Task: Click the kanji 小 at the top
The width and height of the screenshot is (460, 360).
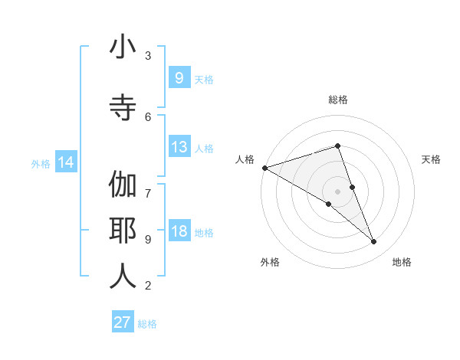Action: pyautogui.click(x=123, y=49)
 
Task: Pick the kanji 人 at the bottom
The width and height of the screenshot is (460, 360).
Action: pyautogui.click(x=123, y=277)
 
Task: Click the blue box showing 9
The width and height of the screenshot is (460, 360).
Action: pyautogui.click(x=179, y=77)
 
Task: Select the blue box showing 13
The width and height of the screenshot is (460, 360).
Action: pyautogui.click(x=179, y=147)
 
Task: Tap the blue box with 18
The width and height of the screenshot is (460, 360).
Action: pyautogui.click(x=179, y=231)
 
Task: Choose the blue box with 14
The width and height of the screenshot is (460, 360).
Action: pyautogui.click(x=66, y=162)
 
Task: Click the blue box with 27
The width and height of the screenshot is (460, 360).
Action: pyautogui.click(x=123, y=322)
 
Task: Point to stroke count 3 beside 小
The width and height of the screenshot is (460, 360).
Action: pyautogui.click(x=148, y=55)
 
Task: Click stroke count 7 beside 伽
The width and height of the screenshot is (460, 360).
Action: pyautogui.click(x=148, y=185)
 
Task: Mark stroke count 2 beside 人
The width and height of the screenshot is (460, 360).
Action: pyautogui.click(x=148, y=286)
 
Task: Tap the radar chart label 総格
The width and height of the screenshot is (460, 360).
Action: pyautogui.click(x=338, y=100)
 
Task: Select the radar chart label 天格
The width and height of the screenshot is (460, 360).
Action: pyautogui.click(x=432, y=159)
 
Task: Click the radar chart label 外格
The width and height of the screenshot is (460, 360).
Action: pyautogui.click(x=270, y=262)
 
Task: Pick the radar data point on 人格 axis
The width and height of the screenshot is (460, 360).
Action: pyautogui.click(x=264, y=168)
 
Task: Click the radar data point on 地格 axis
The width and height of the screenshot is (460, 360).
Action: pyautogui.click(x=374, y=241)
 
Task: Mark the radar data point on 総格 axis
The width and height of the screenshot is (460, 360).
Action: pyautogui.click(x=338, y=146)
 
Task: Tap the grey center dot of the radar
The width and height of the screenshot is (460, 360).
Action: pyautogui.click(x=338, y=191)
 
